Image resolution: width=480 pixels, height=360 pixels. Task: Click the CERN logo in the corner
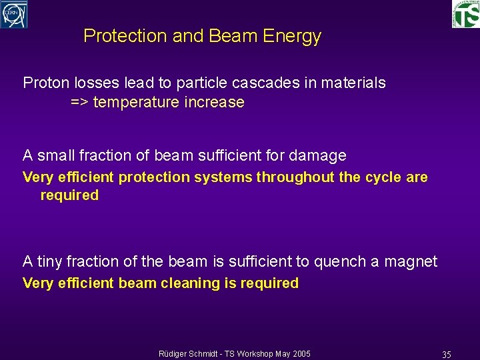coord(14,14)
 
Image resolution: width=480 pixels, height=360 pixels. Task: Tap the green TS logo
coord(465,13)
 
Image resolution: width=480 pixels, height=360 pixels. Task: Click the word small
coord(56,156)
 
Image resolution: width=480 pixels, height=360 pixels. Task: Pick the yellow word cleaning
coord(187,283)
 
